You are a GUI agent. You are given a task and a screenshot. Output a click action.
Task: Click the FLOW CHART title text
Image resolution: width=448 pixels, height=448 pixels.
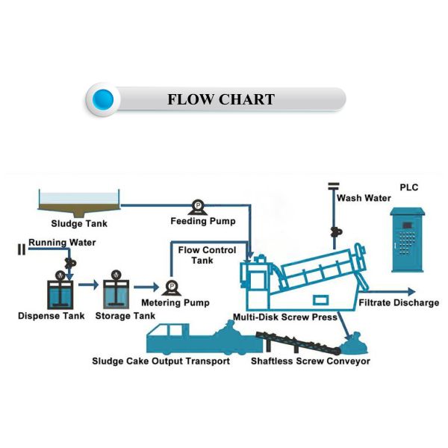[220, 99]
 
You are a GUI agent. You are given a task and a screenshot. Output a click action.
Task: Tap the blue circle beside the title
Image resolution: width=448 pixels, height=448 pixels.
[104, 99]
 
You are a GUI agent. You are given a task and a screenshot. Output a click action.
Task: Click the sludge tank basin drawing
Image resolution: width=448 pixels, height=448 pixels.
[80, 199]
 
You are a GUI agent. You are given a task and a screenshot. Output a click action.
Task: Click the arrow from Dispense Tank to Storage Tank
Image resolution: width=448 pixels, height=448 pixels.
[88, 284]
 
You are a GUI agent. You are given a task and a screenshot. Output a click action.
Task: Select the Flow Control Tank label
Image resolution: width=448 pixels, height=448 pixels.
[207, 255]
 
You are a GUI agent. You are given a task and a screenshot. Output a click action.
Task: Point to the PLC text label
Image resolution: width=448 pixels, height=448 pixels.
[411, 187]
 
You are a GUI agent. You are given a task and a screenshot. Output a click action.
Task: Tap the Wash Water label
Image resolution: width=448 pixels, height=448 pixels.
[364, 198]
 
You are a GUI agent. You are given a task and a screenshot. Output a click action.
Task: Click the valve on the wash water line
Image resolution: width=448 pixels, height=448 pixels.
[334, 231]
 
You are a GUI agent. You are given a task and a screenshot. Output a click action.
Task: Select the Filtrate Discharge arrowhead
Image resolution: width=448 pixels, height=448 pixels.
[411, 292]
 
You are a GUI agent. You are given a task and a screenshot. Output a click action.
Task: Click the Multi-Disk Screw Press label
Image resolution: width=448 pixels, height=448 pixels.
[287, 317]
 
